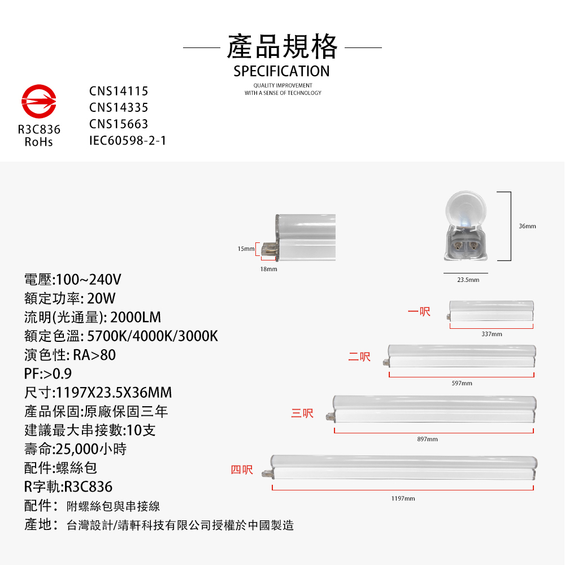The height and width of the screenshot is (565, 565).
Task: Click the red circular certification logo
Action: [x=39, y=101]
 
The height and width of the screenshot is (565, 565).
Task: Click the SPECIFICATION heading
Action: [x=281, y=71]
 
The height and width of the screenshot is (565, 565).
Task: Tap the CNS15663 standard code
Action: [x=119, y=124]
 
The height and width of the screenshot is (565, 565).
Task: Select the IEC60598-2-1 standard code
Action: [x=128, y=141]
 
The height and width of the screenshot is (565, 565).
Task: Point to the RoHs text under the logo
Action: [x=38, y=142]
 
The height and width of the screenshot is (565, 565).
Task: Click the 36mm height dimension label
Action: [x=527, y=227]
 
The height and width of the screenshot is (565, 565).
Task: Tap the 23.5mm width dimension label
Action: [x=468, y=280]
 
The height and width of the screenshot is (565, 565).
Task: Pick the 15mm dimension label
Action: [x=246, y=249]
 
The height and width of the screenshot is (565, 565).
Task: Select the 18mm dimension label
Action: [x=269, y=269]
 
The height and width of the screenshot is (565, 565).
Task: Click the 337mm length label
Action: [x=492, y=334]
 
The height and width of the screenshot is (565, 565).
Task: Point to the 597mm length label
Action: [x=462, y=383]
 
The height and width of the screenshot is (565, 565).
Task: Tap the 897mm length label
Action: [x=427, y=439]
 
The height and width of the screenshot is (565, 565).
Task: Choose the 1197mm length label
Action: [x=403, y=498]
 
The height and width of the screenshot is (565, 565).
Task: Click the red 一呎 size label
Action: [x=419, y=311]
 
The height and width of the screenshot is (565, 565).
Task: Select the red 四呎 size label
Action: [x=242, y=470]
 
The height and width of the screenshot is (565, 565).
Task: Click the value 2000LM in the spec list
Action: [x=136, y=317]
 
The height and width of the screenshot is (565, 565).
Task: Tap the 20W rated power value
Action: [x=101, y=298]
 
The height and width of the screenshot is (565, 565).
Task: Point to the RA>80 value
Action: [x=94, y=355]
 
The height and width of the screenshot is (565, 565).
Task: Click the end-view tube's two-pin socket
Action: [x=466, y=246]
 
